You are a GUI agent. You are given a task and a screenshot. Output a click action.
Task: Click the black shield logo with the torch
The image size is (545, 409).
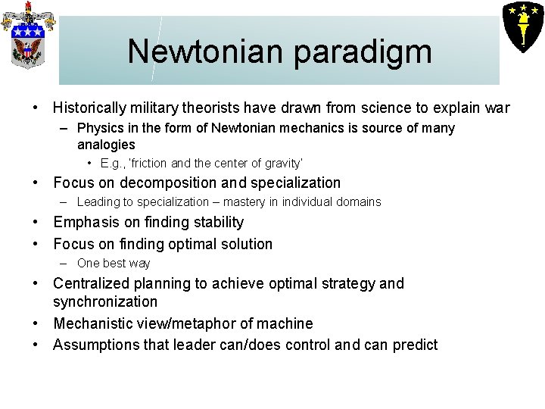coord(522,25)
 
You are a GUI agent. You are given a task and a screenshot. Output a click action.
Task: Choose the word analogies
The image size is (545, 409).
coord(106,145)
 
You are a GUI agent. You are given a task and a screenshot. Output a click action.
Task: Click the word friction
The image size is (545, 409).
coord(149,164)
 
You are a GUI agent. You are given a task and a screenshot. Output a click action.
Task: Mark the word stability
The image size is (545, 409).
coord(214,222)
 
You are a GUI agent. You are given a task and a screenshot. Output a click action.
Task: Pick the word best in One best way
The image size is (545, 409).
coord(114,264)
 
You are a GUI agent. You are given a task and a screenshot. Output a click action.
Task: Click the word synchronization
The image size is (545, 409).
coord(105,301)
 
